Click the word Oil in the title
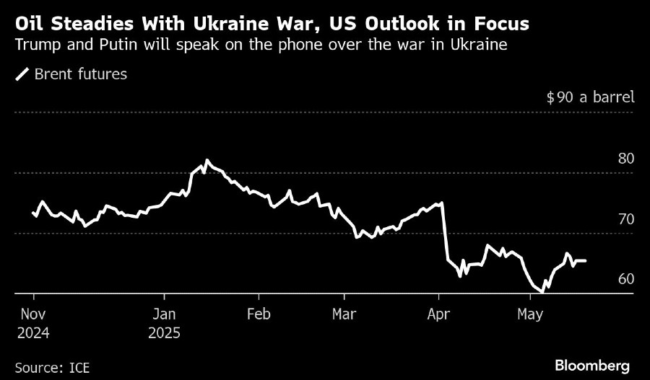[30, 24]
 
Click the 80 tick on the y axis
[627, 157]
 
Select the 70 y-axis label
[627, 218]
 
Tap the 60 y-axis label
[627, 279]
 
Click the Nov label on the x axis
[33, 314]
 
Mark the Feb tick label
[258, 314]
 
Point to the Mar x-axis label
[344, 314]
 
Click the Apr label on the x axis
[438, 314]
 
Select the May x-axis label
[531, 314]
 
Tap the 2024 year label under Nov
[34, 333]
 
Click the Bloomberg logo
[591, 366]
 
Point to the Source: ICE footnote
[53, 367]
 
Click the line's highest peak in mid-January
[207, 160]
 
